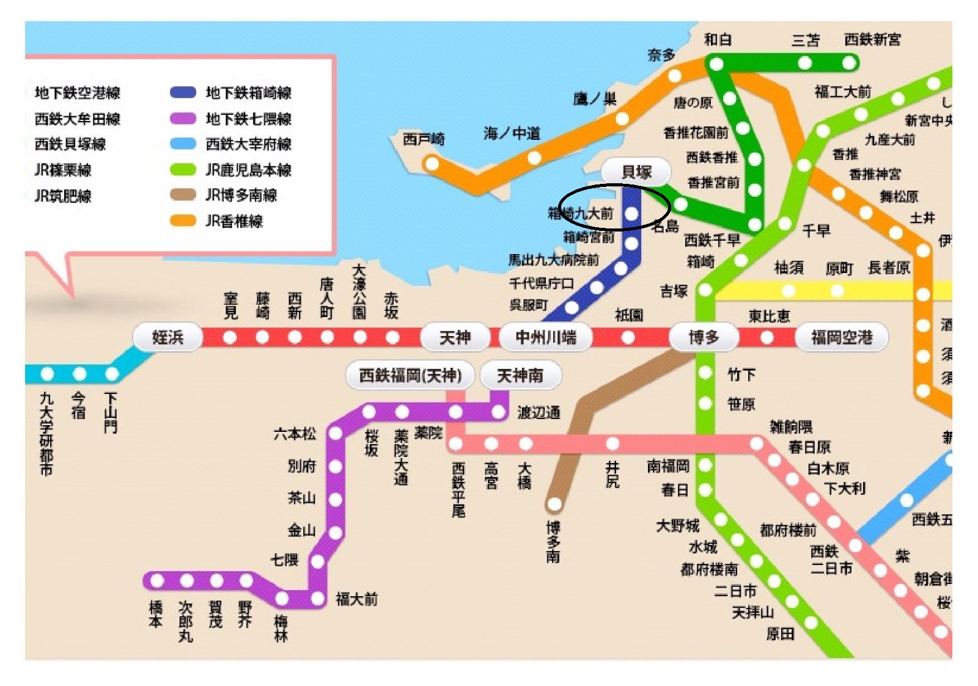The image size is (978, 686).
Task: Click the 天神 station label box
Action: click(455, 337)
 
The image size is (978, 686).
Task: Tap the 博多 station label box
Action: click(704, 337)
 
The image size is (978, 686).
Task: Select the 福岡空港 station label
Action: click(841, 337)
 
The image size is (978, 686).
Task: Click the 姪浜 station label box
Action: click(167, 337)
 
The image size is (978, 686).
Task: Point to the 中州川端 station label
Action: click(545, 337)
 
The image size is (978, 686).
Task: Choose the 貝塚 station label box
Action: click(636, 172)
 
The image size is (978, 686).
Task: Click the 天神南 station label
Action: click(520, 375)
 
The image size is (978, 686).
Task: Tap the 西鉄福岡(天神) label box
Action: click(410, 375)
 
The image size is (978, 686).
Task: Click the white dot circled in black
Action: click(631, 214)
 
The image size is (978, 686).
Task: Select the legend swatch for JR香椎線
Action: click(182, 221)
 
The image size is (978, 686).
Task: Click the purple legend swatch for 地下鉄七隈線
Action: click(182, 119)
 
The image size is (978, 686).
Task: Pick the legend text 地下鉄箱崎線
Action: click(248, 93)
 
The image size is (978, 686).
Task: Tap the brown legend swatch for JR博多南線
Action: click(182, 195)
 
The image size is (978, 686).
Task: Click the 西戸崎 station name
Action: click(424, 139)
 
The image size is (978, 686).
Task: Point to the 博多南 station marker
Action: click(554, 504)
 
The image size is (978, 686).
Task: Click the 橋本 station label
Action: click(156, 614)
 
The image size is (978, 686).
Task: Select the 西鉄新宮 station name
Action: click(872, 40)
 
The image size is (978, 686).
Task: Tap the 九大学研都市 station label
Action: click(46, 434)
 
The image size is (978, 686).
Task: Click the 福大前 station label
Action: click(356, 599)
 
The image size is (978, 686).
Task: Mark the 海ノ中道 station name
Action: click(512, 133)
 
